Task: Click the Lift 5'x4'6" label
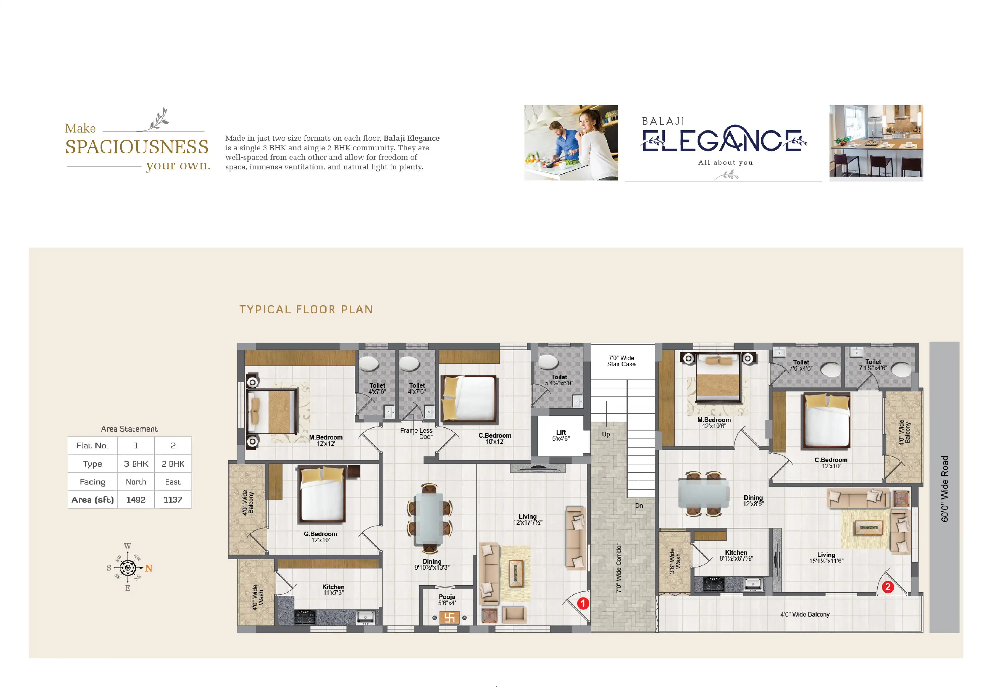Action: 561,435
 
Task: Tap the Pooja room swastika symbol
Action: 449,618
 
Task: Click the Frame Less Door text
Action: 416,433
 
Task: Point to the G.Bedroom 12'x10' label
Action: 320,537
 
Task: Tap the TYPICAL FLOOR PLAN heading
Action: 306,310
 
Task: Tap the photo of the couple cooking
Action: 571,142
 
